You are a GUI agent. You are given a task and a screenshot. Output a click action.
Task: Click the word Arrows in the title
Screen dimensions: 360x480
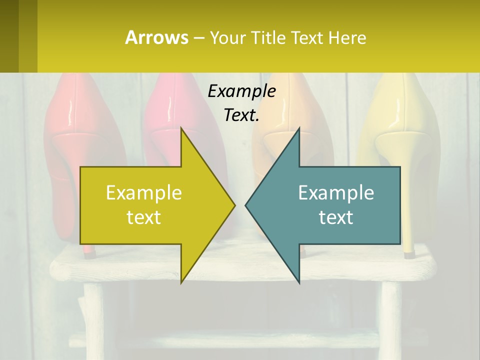(x=157, y=37)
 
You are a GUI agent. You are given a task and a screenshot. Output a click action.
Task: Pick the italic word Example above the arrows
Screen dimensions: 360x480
(x=241, y=91)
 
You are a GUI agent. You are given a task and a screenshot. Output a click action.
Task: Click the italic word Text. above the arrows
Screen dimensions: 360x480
(x=241, y=115)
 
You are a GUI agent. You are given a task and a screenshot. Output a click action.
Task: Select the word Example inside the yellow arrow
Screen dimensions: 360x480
(x=144, y=193)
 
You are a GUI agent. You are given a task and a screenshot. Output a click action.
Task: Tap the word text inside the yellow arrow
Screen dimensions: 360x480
(x=144, y=217)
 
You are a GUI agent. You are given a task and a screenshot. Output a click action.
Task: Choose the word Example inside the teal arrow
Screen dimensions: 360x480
(x=336, y=193)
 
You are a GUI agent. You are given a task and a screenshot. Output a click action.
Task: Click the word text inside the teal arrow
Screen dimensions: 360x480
(x=336, y=217)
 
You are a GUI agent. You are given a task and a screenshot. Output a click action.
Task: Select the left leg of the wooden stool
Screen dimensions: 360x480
(x=93, y=320)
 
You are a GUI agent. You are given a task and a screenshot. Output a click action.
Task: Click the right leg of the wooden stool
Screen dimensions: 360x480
(x=390, y=320)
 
